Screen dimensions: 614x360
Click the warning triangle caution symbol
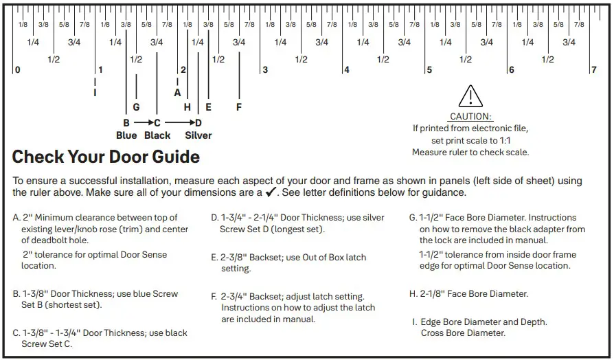pyautogui.click(x=470, y=96)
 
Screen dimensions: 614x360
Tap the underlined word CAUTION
pyautogui.click(x=470, y=117)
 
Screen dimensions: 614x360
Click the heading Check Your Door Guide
pyautogui.click(x=106, y=157)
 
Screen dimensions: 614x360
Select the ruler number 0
pyautogui.click(x=18, y=70)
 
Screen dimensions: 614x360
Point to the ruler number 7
pyautogui.click(x=593, y=70)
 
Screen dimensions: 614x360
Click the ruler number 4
pyautogui.click(x=346, y=70)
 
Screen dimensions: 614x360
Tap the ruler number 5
pyautogui.click(x=429, y=70)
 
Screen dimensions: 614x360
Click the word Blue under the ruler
pyautogui.click(x=126, y=135)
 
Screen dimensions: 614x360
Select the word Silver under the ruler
pyautogui.click(x=198, y=135)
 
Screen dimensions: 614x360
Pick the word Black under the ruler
pyautogui.click(x=157, y=135)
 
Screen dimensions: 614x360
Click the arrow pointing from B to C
pyautogui.click(x=141, y=123)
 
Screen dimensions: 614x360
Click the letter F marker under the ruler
pyautogui.click(x=239, y=107)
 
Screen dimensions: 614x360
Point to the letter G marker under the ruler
pyautogui.click(x=136, y=107)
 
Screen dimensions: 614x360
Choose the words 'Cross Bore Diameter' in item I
pyautogui.click(x=463, y=333)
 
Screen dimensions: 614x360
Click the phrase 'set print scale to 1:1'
pyautogui.click(x=470, y=140)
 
